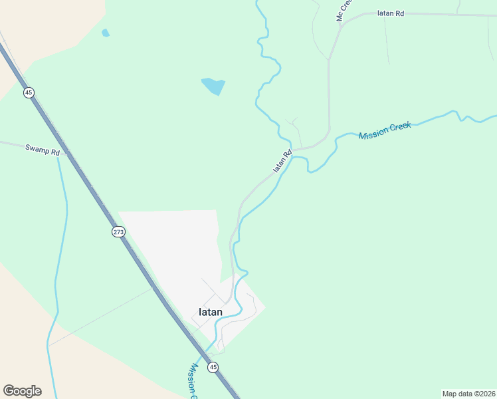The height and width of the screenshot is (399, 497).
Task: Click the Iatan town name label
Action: (211, 312)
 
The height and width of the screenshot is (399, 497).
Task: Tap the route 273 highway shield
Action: (118, 231)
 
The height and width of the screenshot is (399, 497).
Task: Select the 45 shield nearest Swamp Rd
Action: (28, 92)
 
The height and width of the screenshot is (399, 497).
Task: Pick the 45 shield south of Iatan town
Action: (213, 367)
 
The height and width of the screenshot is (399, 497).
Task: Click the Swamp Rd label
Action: (43, 150)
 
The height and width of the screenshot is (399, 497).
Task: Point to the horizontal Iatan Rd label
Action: (391, 13)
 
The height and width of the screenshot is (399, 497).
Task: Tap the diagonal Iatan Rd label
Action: (282, 162)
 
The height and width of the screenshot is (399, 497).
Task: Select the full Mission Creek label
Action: (385, 130)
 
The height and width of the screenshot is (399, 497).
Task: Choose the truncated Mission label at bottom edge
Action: (194, 381)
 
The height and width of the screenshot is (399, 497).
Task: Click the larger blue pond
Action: (213, 86)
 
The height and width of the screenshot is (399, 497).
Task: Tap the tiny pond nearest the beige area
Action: (105, 32)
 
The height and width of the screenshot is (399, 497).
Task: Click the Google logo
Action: (22, 390)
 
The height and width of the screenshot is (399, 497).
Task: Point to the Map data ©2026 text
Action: (468, 394)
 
